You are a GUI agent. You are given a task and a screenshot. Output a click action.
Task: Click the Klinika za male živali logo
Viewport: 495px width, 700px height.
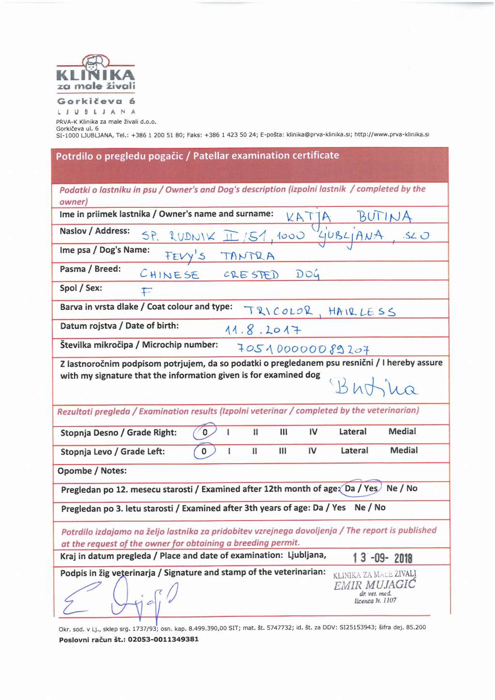[96, 74]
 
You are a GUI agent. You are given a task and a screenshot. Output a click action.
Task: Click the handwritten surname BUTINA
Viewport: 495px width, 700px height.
[384, 216]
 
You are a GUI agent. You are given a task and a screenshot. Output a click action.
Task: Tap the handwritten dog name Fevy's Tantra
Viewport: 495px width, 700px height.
[219, 256]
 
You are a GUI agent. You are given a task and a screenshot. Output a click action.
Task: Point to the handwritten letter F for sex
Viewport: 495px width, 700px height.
[146, 291]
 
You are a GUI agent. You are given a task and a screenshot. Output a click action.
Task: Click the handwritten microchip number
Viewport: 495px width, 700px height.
[303, 349]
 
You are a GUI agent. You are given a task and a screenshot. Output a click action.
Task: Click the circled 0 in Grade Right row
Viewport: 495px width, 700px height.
[204, 432]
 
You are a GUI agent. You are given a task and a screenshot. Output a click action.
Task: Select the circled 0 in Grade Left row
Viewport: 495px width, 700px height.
[204, 451]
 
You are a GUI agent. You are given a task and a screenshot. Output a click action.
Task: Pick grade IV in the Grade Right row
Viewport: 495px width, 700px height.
[313, 432]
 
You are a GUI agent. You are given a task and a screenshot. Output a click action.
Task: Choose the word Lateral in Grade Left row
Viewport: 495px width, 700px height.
[354, 451]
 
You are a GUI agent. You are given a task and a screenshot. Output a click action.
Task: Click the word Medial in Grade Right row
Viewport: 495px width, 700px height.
[402, 431]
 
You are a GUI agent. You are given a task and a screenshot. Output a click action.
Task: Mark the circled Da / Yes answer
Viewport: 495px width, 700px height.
[361, 488]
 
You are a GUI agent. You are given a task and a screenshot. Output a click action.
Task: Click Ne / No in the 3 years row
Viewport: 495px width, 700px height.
[370, 507]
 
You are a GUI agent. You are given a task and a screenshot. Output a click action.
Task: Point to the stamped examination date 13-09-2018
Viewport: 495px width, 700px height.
[382, 558]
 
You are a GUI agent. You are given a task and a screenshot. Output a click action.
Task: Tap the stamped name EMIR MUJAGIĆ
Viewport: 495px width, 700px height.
[375, 584]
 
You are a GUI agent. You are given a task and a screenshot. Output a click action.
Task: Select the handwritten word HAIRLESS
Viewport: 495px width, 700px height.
[362, 311]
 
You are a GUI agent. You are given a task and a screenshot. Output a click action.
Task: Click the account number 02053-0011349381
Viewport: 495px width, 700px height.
[163, 639]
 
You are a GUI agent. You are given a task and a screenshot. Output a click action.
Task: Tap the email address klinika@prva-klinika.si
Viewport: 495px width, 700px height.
[319, 134]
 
